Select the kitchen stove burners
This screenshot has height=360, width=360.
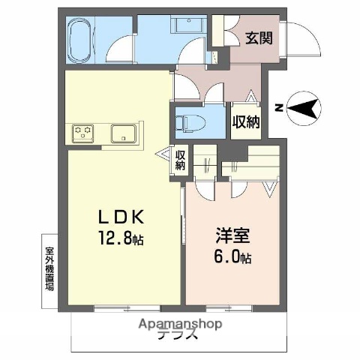pyautogui.click(x=82, y=134)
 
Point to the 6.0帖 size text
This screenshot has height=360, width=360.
pyautogui.click(x=228, y=258)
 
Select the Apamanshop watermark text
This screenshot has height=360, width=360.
pyautogui.click(x=180, y=325)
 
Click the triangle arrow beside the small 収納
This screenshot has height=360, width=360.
pyautogui.click(x=166, y=155)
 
